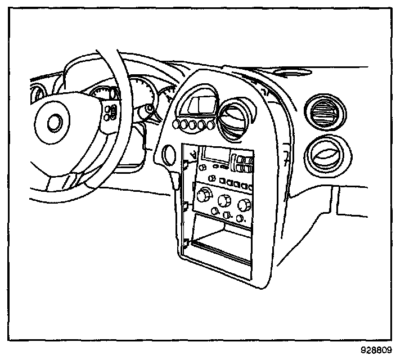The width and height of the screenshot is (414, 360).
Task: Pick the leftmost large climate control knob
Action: click(203, 196)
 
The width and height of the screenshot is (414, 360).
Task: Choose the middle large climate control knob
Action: click(225, 200)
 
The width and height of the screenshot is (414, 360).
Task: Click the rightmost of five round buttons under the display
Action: click(211, 125)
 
